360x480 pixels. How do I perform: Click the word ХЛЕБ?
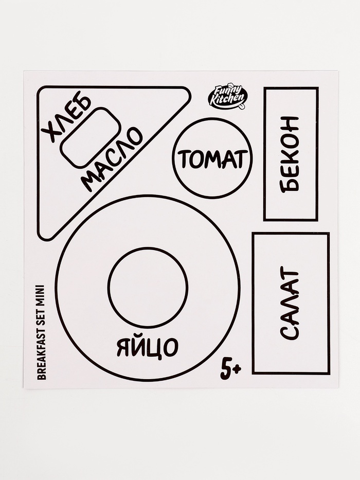[66, 118]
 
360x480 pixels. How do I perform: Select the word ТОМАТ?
[212, 158]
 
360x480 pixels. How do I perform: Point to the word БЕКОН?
[291, 154]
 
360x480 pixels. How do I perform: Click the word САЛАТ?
[291, 304]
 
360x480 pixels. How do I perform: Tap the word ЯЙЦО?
[147, 348]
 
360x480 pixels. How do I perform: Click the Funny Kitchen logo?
[228, 97]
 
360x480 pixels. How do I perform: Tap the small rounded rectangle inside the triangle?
[91, 137]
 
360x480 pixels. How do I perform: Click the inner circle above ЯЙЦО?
[148, 287]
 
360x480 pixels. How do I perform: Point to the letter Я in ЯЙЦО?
[123, 348]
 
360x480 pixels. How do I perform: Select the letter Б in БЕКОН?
[291, 184]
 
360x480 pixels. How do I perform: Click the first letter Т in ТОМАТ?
[184, 159]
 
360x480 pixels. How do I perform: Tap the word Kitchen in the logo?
[229, 101]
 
